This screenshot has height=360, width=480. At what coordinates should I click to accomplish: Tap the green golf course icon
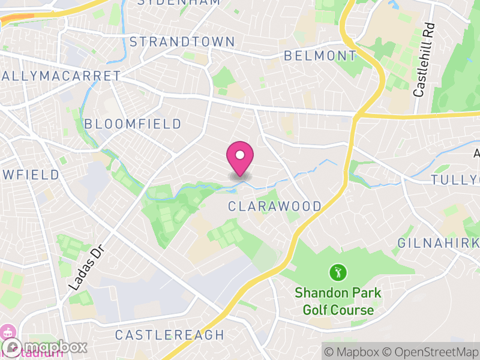pos(338,273)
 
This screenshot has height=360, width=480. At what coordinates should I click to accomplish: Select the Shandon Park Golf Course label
pos(338,302)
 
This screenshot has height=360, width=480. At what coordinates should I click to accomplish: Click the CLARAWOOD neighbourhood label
pos(275,206)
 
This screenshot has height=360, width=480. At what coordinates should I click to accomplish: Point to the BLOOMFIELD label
pos(133,124)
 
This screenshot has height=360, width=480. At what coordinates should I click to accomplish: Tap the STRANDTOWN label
pos(182,41)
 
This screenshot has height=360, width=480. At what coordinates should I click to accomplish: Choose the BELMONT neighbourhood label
pos(320,56)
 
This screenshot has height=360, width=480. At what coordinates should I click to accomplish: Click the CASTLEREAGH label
pos(169,335)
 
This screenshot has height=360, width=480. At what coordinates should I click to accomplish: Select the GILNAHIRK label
pos(438,243)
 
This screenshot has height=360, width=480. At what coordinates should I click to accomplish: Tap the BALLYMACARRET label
pos(60,76)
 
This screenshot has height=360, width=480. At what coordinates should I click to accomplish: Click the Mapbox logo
pos(44,347)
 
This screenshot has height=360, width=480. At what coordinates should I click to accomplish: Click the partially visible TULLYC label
pos(456,180)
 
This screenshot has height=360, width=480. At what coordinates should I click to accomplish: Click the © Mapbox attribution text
pos(352,351)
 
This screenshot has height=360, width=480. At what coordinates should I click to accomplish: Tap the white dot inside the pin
pos(240,155)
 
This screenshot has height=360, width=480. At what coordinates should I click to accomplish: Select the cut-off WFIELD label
pos(30,175)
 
